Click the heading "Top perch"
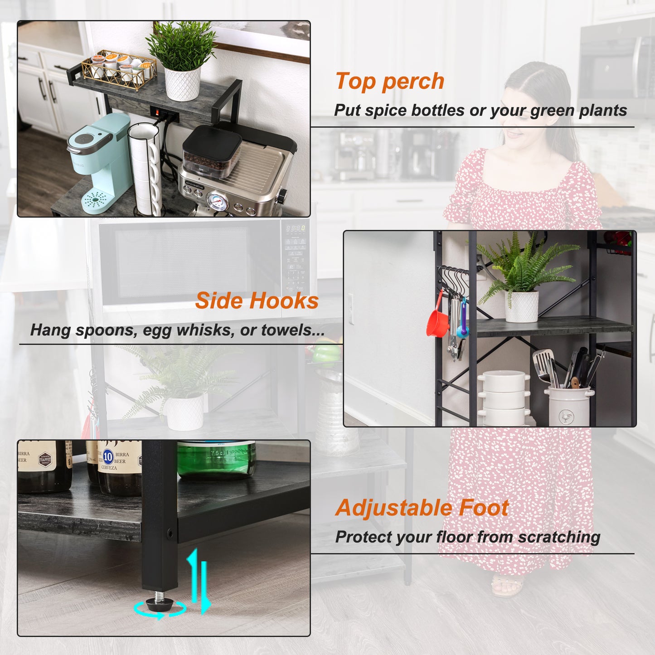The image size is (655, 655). [390, 82]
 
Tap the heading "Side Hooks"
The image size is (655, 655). [257, 301]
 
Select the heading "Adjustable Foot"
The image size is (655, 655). [422, 508]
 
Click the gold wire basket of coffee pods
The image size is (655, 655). [119, 69]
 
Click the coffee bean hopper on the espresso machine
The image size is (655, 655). [212, 152]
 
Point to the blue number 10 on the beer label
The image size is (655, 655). [108, 456]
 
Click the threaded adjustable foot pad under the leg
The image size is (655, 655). [160, 603]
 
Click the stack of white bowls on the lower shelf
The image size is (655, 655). [504, 399]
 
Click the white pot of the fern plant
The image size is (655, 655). [522, 306]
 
